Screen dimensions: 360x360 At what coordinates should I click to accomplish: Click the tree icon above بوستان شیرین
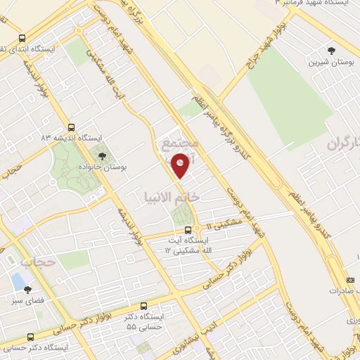coord(330,50)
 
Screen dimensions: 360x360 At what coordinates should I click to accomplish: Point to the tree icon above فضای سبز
coord(27,289)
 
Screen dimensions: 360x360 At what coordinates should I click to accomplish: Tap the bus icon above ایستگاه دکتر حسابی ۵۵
coord(144,307)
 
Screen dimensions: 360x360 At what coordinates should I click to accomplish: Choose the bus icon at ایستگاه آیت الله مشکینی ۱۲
coord(188,230)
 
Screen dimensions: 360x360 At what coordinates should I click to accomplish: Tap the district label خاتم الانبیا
coord(172,197)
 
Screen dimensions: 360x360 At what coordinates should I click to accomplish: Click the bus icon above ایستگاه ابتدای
coord(23,39)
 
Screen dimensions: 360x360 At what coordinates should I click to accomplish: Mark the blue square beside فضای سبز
coord(17,281)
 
